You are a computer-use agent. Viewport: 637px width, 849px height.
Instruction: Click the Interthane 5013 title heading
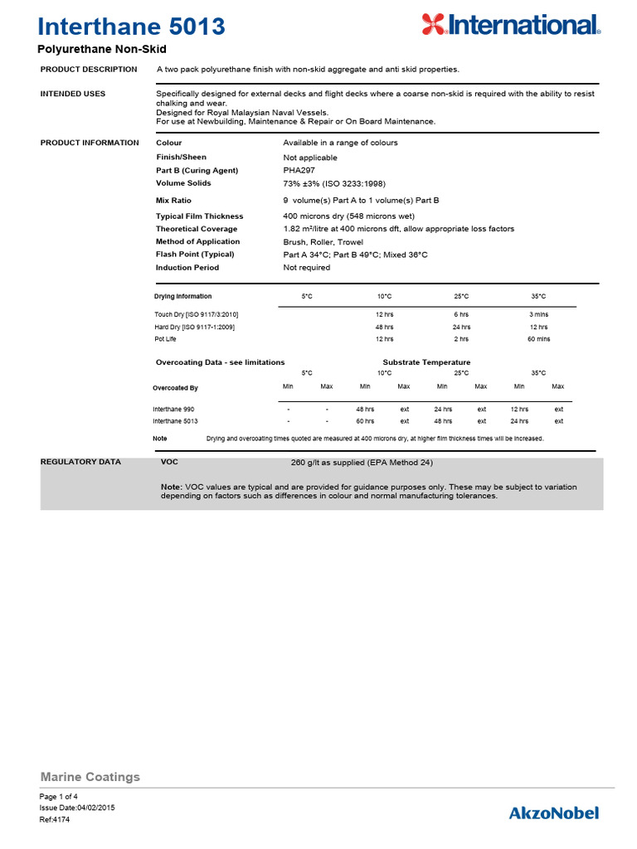click(132, 27)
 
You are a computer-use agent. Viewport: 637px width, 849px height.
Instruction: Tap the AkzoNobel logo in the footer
click(553, 813)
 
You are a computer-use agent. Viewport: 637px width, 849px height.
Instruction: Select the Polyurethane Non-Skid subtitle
click(102, 50)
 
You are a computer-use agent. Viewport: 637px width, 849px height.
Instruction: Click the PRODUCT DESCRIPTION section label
click(89, 69)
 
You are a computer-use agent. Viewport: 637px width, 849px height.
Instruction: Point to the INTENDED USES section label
click(73, 94)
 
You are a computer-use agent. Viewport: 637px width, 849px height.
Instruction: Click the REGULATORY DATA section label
click(80, 462)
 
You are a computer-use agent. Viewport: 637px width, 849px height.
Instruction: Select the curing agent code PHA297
click(300, 170)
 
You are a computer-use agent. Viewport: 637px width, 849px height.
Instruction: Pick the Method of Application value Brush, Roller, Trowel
click(323, 242)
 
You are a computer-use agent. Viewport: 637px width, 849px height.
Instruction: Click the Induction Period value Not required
click(306, 268)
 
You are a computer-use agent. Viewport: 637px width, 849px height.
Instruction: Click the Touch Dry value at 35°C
click(539, 314)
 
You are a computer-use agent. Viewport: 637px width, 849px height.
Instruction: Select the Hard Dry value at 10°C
click(384, 327)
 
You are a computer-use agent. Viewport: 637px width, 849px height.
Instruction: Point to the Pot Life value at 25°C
click(461, 339)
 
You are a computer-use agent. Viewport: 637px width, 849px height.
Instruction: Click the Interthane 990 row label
click(173, 410)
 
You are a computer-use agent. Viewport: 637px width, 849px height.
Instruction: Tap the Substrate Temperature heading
click(426, 362)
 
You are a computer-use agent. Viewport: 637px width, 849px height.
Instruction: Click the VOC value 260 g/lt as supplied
click(357, 463)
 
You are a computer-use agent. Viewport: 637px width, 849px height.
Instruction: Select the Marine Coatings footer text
click(90, 777)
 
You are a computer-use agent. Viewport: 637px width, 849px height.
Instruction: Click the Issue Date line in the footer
click(77, 808)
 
